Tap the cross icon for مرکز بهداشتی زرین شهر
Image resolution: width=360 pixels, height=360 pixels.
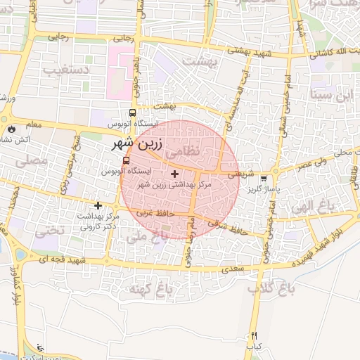[x=174, y=174]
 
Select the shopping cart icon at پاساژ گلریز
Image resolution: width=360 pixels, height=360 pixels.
[x=263, y=179]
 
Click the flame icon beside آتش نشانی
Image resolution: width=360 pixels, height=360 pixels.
[x=12, y=129]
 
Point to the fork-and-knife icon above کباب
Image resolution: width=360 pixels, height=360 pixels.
[x=254, y=335]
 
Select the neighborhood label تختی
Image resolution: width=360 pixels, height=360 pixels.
[x=51, y=230]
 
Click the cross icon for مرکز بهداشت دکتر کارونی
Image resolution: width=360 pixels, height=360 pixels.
[x=98, y=205]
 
